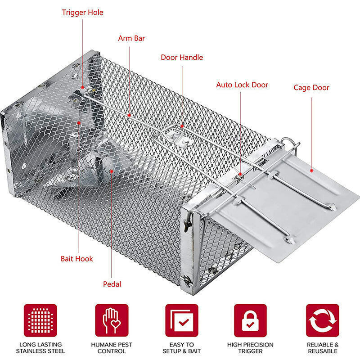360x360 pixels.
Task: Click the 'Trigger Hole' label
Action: [x=82, y=12]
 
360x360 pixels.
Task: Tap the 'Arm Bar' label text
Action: [x=131, y=38]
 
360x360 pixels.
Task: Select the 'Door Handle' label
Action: [x=182, y=57]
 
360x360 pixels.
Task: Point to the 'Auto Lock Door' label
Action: [x=242, y=85]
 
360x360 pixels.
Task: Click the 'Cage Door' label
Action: [x=311, y=87]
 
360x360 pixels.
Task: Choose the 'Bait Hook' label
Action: [x=77, y=259]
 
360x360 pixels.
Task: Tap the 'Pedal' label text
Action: [x=112, y=284]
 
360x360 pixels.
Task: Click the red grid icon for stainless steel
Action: [x=40, y=320]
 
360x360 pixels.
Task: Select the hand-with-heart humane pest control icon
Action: [x=112, y=320]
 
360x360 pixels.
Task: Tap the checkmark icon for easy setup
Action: [x=181, y=320]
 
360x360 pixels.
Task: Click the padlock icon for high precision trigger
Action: [x=250, y=320]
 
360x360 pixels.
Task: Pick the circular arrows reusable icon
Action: [x=322, y=320]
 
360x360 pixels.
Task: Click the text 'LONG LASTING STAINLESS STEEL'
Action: [x=40, y=348]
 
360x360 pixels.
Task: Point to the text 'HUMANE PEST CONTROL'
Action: [x=112, y=348]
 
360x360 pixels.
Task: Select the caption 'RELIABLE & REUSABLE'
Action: [x=322, y=348]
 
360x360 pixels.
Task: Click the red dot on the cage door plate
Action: [x=311, y=171]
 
